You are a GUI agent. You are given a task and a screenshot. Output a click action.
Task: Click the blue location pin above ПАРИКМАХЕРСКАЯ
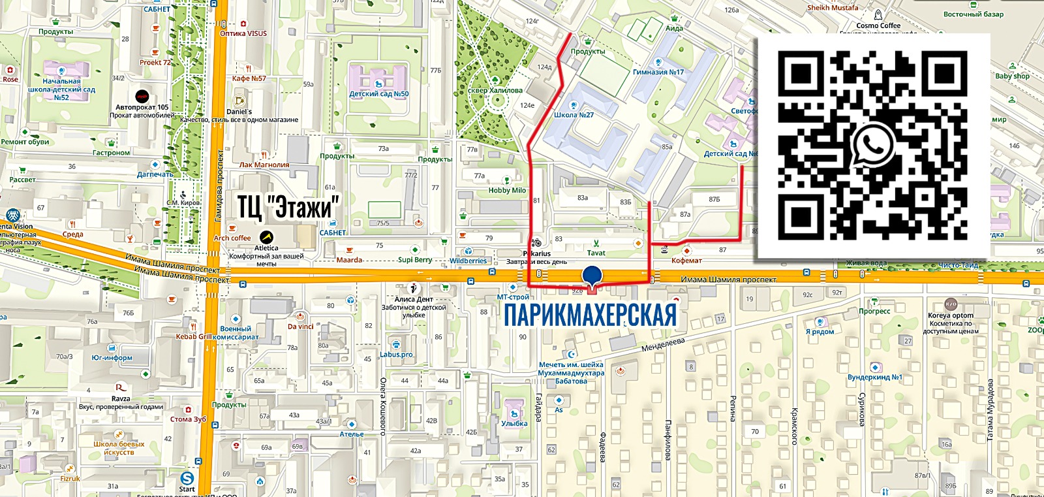(x=592, y=276)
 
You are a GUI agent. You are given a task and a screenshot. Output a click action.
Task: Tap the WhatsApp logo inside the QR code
(x=873, y=147)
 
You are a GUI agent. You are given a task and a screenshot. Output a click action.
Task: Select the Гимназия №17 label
(x=658, y=72)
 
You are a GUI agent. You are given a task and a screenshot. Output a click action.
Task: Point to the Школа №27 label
(x=574, y=115)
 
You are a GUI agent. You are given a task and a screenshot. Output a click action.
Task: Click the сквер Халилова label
(x=495, y=90)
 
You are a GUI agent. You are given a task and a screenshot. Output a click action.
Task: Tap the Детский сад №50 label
(x=378, y=94)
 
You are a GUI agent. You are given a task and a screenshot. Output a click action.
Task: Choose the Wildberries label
(x=468, y=261)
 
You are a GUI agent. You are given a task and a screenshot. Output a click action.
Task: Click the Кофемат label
(x=686, y=261)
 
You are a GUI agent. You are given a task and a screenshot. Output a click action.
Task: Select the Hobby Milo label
(x=507, y=191)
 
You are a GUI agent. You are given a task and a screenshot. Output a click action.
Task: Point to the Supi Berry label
(x=415, y=260)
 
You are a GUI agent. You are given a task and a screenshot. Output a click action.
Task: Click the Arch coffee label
(x=232, y=238)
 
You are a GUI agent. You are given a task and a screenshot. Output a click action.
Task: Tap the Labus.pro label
(x=396, y=355)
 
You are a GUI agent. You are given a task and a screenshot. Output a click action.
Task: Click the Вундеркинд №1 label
(x=874, y=377)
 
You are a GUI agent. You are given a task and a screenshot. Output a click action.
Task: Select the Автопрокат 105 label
(x=142, y=107)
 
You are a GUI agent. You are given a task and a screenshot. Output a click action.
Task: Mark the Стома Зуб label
(x=188, y=419)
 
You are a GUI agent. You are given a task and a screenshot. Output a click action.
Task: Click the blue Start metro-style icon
(x=187, y=478)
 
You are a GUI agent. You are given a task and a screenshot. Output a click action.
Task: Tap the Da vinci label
(x=301, y=326)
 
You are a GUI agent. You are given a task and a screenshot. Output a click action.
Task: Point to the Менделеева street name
(x=663, y=344)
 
